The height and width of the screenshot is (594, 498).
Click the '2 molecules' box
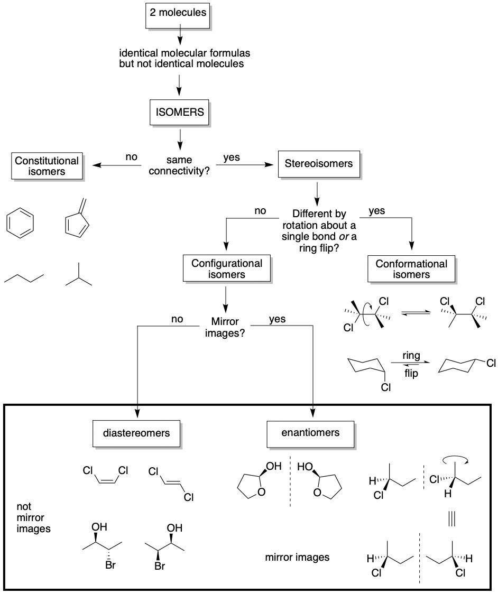tap(178, 13)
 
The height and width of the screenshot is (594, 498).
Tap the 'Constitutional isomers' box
tap(47, 165)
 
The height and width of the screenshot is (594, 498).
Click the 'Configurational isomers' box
tap(226, 268)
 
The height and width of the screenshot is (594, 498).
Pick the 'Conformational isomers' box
tap(411, 268)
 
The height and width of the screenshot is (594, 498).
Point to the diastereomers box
tap(137, 433)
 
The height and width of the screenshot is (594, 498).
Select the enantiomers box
tap(310, 433)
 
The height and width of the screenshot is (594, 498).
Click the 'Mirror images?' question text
tap(225, 327)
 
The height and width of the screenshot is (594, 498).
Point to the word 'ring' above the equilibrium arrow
tap(411, 356)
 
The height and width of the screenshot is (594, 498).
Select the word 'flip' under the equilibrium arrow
tap(411, 374)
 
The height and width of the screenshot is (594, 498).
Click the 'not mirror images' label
tap(33, 517)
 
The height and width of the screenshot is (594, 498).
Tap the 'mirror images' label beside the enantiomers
tap(297, 557)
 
